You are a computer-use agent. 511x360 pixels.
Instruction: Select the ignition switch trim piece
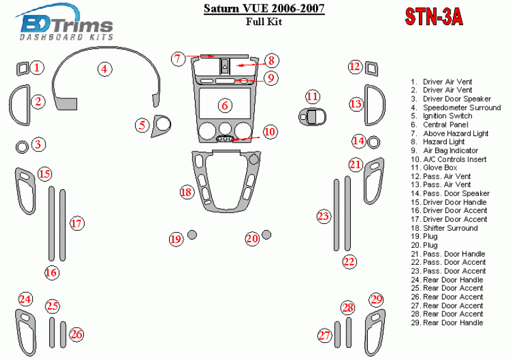coord(163,125)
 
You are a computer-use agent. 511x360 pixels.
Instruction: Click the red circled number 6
coord(224,105)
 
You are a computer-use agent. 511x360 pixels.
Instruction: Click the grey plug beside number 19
coord(192,236)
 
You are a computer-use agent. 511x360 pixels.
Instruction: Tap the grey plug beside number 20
coord(267,235)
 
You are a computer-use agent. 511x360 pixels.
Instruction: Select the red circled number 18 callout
coord(185,192)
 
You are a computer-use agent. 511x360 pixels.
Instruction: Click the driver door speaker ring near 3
coord(21,148)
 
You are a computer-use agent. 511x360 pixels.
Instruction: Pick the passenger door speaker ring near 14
coord(374,140)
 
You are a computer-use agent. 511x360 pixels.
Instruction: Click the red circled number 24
coord(25,299)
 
